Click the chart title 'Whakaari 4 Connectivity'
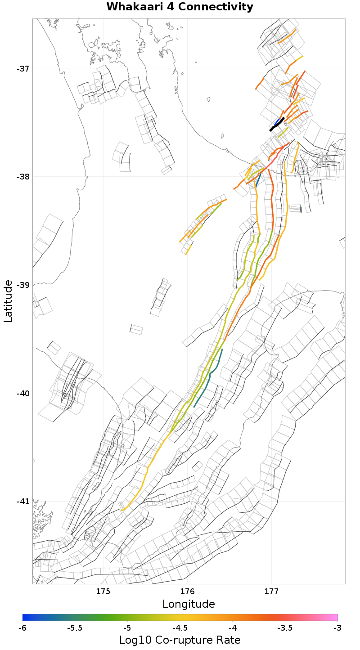180,7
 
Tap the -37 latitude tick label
23,69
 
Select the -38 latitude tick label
23,177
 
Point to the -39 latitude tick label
23,285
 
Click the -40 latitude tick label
23,393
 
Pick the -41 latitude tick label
23,502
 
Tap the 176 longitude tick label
187,591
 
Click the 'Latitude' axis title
8,301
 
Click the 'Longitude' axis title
189,604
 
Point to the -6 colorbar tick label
22,628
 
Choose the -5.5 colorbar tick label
75,628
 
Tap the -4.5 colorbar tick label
180,628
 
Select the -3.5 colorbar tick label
285,628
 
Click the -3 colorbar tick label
337,628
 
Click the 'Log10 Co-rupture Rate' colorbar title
180,640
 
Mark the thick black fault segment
277,124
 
